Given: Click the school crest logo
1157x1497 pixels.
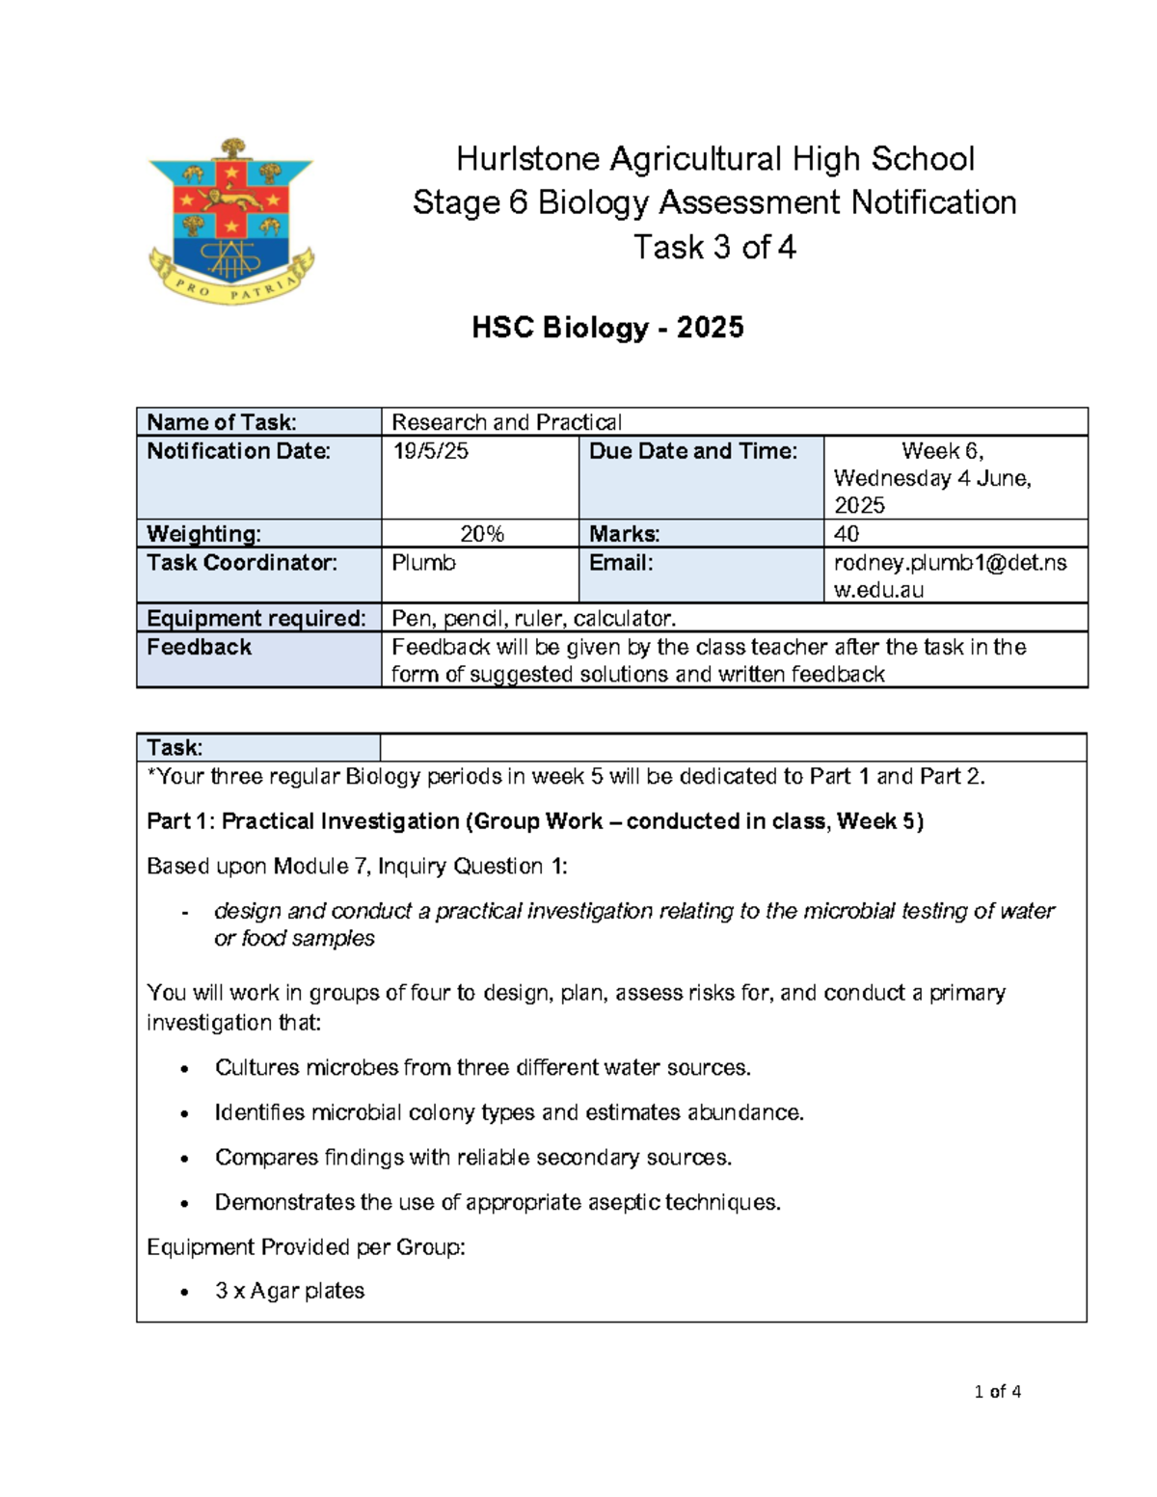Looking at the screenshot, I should coord(231,222).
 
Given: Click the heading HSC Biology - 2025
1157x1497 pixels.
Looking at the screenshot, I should coord(607,328).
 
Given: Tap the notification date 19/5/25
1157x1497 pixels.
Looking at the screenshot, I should coord(430,451).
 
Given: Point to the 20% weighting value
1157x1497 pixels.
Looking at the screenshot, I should coord(481,534).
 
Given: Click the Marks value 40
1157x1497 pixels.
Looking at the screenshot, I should coord(847,534).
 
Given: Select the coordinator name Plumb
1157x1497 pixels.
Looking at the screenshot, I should coord(423,563).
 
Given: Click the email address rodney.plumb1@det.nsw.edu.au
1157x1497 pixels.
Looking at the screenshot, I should coord(950,575).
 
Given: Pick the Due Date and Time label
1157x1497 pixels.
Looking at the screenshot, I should coord(693,451).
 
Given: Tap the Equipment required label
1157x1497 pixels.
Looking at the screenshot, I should coord(256,619).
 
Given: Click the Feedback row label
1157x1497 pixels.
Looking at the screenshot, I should coord(199,648).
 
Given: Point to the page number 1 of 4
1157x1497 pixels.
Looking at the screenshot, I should coord(997,1391).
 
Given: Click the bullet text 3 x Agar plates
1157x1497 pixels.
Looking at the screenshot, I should coord(289,1291).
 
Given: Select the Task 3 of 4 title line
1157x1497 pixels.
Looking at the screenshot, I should coord(714,248).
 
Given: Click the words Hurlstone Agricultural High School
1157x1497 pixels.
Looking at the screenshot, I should coord(714,159).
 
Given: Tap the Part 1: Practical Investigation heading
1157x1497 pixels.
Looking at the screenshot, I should coord(535,821).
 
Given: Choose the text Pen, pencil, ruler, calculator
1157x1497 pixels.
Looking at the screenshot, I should coord(533,619).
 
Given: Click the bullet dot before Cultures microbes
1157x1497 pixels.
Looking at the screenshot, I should coord(184,1069).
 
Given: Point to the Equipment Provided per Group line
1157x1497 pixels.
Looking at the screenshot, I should coord(306,1247).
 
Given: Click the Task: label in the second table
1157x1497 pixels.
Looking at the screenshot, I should coord(175,748).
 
